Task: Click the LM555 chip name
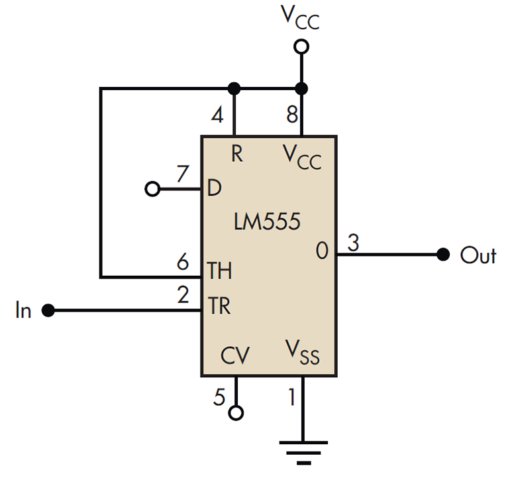[x=267, y=221]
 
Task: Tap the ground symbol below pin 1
[x=302, y=450]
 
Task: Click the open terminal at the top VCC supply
[x=302, y=46]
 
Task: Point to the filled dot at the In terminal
[x=47, y=310]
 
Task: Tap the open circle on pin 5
[x=235, y=413]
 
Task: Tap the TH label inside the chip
[x=221, y=271]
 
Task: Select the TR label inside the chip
[x=221, y=307]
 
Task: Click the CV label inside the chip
[x=235, y=357]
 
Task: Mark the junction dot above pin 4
[x=233, y=88]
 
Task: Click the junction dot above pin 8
[x=302, y=88]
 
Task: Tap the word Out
[x=478, y=256]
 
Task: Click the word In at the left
[x=23, y=310]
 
